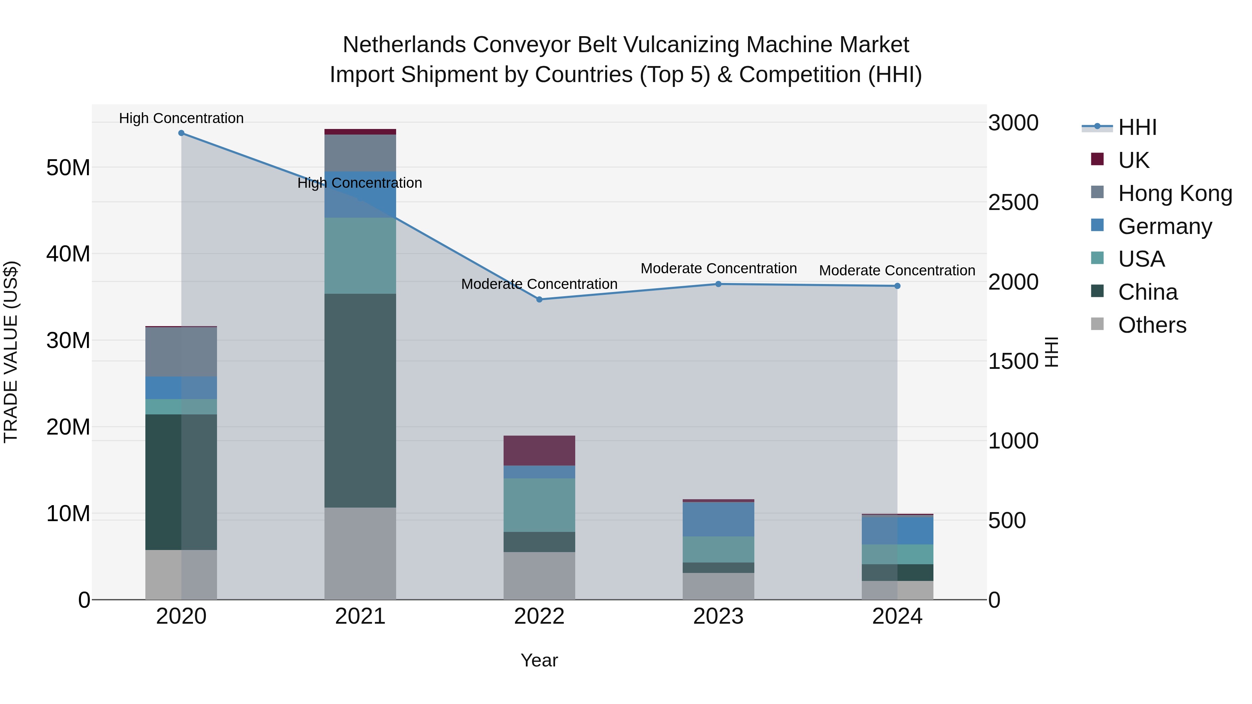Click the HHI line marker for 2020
(181, 133)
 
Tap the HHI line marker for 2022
(539, 300)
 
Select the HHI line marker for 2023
(719, 284)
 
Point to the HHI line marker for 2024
(897, 286)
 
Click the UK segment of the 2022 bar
(539, 451)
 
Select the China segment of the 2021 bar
(360, 400)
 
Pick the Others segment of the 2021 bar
(360, 553)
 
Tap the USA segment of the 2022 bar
(539, 505)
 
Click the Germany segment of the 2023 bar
(719, 519)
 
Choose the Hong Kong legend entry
(1175, 193)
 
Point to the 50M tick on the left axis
(68, 168)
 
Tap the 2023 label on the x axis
(719, 616)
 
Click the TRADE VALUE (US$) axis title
(11, 352)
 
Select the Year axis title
(539, 660)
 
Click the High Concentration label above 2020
(181, 118)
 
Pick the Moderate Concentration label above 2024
(897, 270)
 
